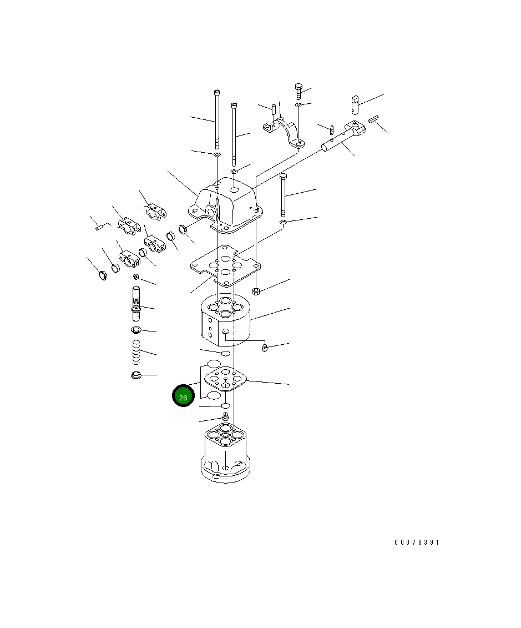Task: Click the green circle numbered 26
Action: [183, 396]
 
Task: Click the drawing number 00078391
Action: [416, 542]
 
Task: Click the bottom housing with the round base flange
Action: [225, 453]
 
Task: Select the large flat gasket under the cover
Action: [224, 265]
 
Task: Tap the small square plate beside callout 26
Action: [226, 381]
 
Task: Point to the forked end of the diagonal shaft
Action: [355, 129]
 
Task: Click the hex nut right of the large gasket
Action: [256, 290]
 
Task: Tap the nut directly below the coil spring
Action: [135, 376]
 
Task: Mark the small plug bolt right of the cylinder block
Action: [265, 348]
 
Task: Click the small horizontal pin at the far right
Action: [373, 119]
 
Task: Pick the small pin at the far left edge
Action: [100, 226]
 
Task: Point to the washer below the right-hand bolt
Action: [283, 223]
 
